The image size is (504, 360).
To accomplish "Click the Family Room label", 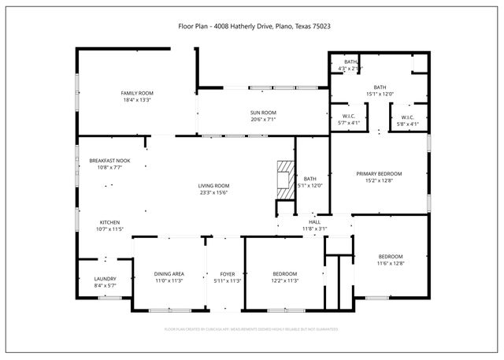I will pos(136,93).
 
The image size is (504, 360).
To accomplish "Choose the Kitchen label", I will pos(110,222).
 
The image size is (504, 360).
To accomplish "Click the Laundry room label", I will pos(106,279).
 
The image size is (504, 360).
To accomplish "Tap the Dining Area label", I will pos(169,273).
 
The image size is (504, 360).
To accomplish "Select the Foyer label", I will pos(223,273).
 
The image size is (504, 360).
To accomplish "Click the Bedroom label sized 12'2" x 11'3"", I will pos(284,273).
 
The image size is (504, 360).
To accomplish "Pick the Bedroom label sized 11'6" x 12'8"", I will pos(391,257).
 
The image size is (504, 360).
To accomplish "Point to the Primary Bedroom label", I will pos(379,173).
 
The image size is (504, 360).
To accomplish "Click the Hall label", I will pos(315,222).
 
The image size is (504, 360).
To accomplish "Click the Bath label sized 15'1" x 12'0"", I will pos(380,87).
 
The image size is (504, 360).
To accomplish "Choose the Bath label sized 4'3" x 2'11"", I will pos(350,61).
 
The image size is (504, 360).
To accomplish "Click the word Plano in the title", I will pos(284,26).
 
